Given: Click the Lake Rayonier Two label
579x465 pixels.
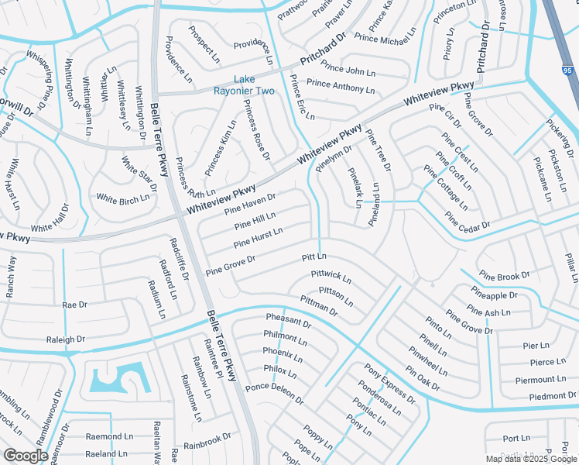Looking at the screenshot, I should click(x=255, y=85).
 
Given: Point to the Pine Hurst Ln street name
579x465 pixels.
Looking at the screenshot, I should click(x=258, y=237).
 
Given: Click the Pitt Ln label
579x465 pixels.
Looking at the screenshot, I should click(x=314, y=257).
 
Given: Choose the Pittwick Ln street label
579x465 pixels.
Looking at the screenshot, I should click(x=331, y=276).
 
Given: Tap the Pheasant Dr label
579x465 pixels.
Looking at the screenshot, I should click(x=288, y=321).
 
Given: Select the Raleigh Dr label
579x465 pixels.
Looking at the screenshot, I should click(x=66, y=339).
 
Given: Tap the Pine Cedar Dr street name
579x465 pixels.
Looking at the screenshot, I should click(x=468, y=220).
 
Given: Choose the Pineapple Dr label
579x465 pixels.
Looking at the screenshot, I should click(x=493, y=295).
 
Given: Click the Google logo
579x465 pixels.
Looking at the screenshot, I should click(x=26, y=456).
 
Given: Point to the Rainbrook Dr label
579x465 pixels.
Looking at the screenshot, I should click(x=207, y=439).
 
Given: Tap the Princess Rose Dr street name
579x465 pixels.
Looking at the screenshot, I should click(x=256, y=129).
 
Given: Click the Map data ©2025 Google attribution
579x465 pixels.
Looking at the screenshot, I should click(x=531, y=459).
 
